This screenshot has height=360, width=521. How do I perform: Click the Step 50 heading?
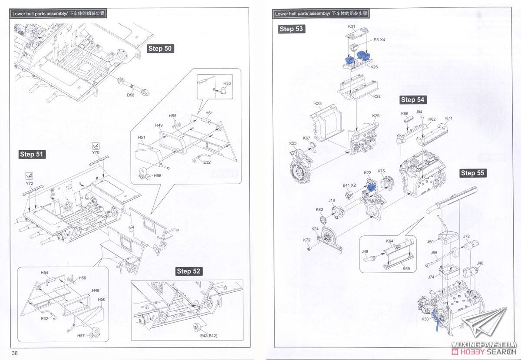(161, 48)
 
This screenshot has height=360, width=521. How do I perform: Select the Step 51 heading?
(32, 154)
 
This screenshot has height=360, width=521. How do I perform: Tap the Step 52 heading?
(189, 271)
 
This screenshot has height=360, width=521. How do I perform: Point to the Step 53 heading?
(291, 29)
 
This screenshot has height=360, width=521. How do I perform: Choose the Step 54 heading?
(412, 100)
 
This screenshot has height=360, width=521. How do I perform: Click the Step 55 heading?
(472, 173)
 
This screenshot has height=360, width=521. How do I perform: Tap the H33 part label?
(227, 83)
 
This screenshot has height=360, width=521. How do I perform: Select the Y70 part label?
(96, 153)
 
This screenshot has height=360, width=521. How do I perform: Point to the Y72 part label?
(29, 183)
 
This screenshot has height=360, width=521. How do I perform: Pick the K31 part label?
(352, 26)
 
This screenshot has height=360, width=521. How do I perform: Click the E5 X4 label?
(380, 40)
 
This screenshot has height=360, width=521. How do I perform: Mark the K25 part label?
(318, 104)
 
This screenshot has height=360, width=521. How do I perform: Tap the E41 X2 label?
(350, 185)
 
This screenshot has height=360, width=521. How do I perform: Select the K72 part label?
(307, 240)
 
